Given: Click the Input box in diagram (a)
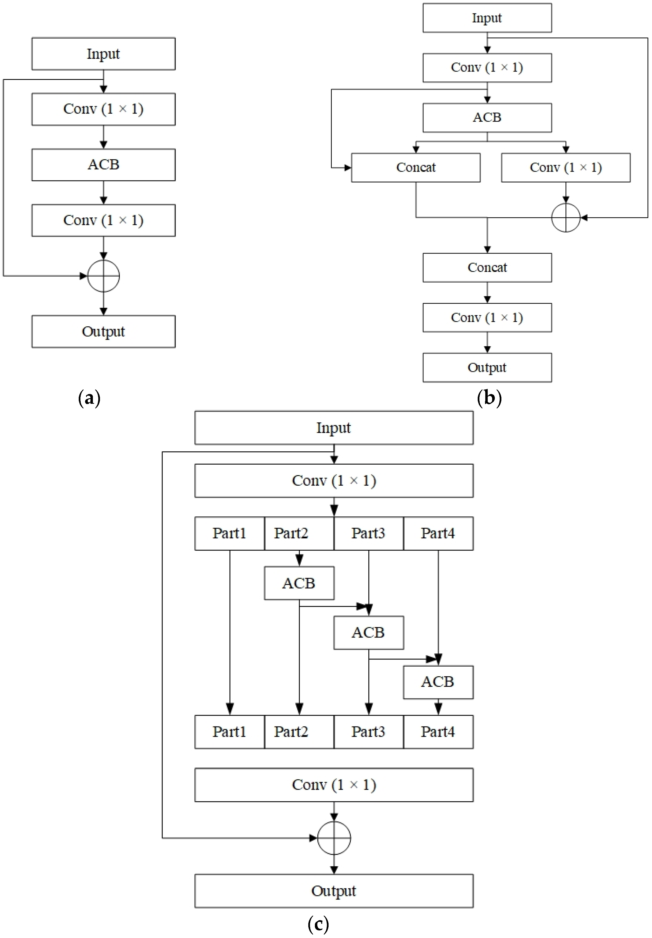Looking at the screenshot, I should coord(103,54).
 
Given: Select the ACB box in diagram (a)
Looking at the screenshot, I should coord(103,164).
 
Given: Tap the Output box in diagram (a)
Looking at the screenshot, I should coord(103,331).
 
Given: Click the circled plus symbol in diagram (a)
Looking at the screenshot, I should coord(103,276).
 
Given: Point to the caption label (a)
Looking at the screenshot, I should coord(89,398).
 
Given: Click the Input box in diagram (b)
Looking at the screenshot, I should coord(487,18).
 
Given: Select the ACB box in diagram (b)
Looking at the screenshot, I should coord(487,117).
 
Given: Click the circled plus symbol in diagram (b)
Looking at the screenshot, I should coord(566,218).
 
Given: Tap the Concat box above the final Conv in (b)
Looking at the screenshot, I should coord(487,267).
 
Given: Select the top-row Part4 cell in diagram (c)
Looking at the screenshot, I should coord(438,533).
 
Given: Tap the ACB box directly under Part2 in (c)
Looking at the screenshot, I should coord(299,583).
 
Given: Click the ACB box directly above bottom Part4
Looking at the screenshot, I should coord(438,682).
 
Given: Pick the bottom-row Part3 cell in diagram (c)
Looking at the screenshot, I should coord(368,731).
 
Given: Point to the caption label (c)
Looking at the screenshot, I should coord(318,924).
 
